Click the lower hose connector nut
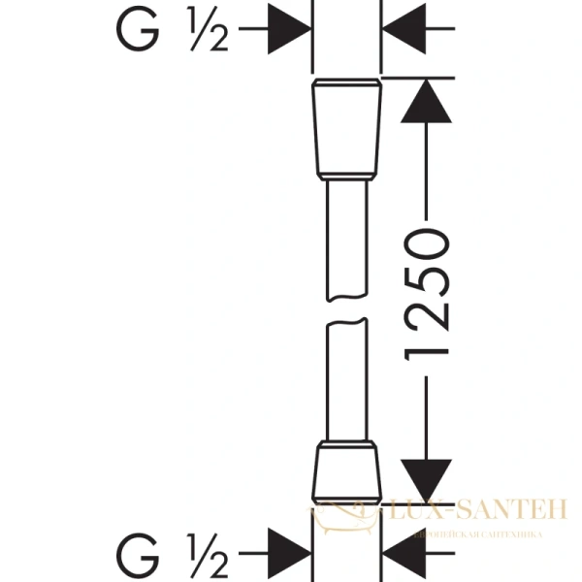coord(347,471)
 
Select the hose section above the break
coord(347,242)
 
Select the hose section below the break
coord(347,383)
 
